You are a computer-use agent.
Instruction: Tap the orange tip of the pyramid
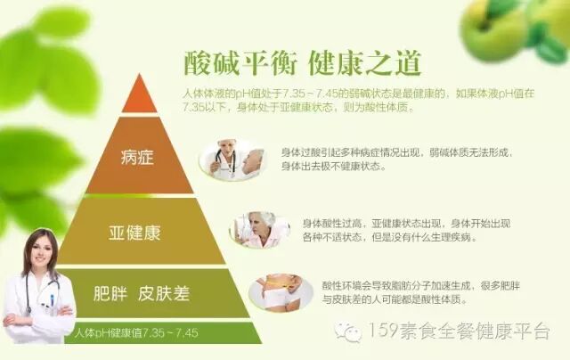coord(139,95)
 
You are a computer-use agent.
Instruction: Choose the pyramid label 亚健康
coord(140,233)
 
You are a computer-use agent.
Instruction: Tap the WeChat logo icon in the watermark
coord(348,332)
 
